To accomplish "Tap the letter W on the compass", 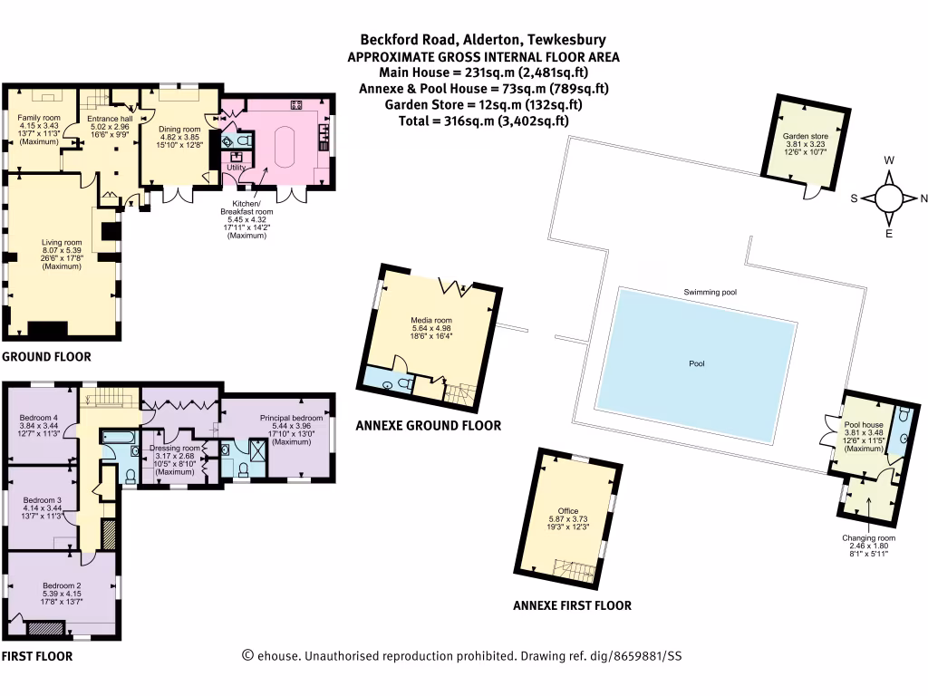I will (x=890, y=161).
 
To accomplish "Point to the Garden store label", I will (x=806, y=138).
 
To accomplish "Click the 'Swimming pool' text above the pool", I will (x=711, y=293).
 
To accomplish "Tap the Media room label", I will (x=431, y=321).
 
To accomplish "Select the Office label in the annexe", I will (x=569, y=509).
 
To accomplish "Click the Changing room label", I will (x=868, y=538).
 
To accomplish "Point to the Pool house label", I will (x=864, y=424).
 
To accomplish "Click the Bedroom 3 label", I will (x=42, y=500).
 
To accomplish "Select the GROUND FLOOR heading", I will (x=46, y=357).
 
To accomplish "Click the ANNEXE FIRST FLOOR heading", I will (x=572, y=605).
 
